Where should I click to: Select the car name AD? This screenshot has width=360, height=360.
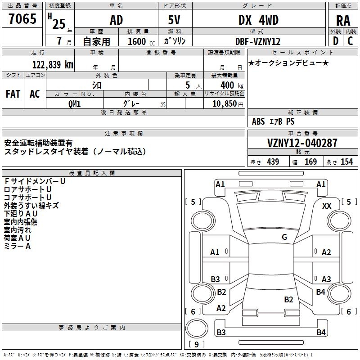point(116,20)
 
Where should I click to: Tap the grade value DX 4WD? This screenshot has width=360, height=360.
point(258,20)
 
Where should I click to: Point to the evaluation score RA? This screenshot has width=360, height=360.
point(343,21)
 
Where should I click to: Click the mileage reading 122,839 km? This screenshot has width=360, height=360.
point(53,64)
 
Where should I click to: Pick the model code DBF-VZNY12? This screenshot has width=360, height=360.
point(258,41)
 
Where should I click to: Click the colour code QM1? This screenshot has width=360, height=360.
point(74,103)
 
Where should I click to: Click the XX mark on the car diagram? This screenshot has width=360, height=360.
point(327,206)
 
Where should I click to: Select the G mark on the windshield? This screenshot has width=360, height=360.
point(284,237)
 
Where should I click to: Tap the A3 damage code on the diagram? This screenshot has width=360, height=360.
point(326,279)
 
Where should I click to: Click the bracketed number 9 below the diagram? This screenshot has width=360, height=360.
point(197,344)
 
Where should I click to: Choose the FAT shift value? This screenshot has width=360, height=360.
point(13,94)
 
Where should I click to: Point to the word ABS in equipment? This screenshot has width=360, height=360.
point(258,121)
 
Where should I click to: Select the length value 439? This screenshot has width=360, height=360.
point(273,162)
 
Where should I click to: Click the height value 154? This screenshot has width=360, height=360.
point(346,162)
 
